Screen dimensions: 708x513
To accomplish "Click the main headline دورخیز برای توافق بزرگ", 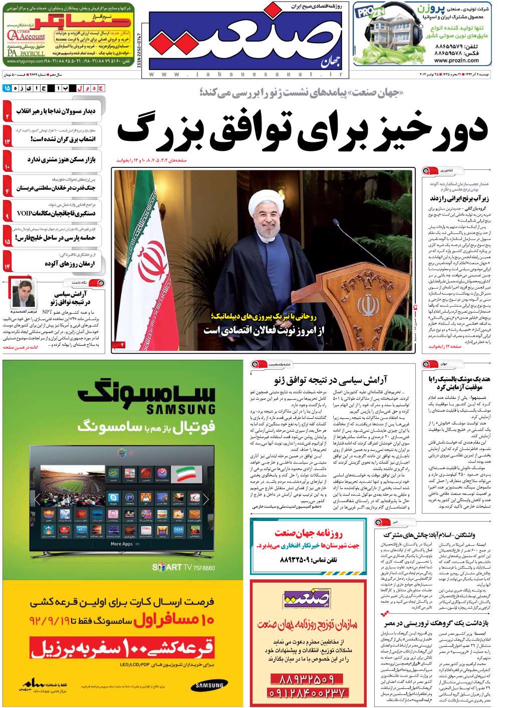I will point(302,131).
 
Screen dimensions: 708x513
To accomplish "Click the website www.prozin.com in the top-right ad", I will point(456,61).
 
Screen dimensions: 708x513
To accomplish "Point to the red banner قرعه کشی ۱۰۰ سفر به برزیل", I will point(122,649).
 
